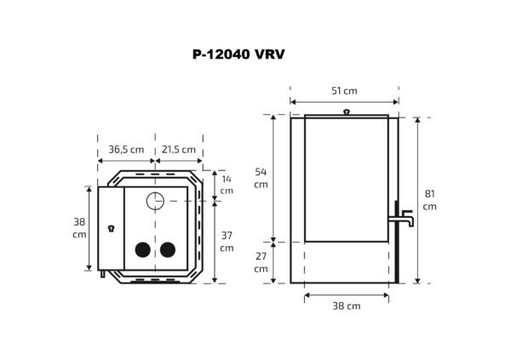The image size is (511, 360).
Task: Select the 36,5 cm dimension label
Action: [126, 149]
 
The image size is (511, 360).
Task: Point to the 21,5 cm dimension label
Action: [179, 149]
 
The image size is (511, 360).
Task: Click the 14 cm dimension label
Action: [226, 185]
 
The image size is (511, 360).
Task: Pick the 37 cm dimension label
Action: [226, 241]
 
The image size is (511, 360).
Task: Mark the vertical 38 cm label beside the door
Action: [79, 227]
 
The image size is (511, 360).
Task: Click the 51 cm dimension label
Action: [344, 91]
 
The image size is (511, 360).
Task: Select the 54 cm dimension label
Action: [261, 178]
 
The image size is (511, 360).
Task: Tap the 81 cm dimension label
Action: [429, 200]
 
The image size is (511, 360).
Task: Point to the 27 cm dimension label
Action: [261, 262]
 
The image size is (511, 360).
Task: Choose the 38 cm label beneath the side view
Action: [346, 306]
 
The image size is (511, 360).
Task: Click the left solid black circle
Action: [142, 249]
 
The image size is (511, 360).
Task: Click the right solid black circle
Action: [168, 249]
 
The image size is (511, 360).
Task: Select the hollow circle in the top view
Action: [155, 202]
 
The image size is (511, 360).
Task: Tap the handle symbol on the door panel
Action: [111, 228]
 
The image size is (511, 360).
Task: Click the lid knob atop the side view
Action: [346, 111]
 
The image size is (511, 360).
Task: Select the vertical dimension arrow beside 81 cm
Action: [416, 200]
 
